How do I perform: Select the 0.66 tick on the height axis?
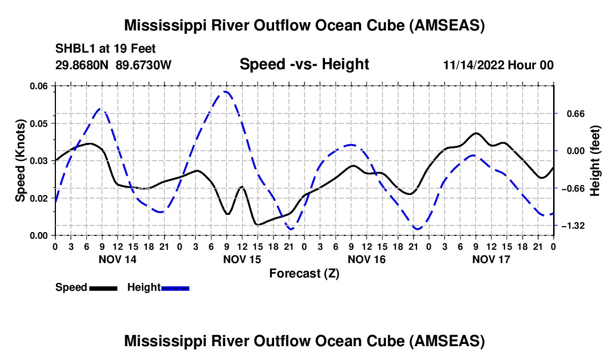point(576,114)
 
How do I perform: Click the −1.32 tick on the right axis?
point(573,225)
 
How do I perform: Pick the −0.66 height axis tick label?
point(573,189)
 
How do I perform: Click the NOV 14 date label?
point(117,259)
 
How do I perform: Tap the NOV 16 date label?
point(367,259)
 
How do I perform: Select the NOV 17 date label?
point(491,259)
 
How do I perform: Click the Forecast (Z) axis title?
point(304,274)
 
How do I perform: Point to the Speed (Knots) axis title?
point(20,161)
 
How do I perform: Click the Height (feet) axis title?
point(595,161)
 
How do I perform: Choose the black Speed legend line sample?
point(104,289)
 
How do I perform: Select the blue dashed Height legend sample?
point(175,289)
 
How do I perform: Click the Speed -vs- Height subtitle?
point(304,64)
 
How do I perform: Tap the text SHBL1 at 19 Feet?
point(105,49)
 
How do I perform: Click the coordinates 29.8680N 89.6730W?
point(113,65)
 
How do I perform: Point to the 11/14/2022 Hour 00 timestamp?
point(498,65)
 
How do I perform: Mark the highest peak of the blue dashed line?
point(225,91)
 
